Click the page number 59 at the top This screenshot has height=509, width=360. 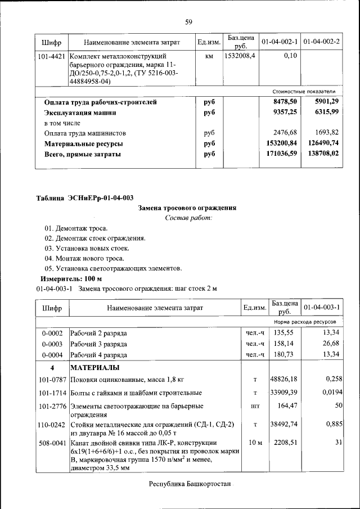[188, 22]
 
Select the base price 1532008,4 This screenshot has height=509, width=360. [240, 56]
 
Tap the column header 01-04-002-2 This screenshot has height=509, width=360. [321, 42]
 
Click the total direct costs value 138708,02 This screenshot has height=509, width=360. [323, 154]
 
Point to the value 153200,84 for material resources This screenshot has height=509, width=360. [281, 143]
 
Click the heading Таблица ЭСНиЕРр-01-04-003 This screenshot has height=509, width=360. [85, 197]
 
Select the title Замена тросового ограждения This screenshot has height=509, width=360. [187, 208]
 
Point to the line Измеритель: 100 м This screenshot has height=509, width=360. [71, 278]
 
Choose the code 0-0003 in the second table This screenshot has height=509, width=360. [52, 344]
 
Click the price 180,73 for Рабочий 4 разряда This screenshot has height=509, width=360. [285, 355]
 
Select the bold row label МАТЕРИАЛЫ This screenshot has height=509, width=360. [94, 368]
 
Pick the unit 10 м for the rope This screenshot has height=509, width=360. [255, 443]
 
